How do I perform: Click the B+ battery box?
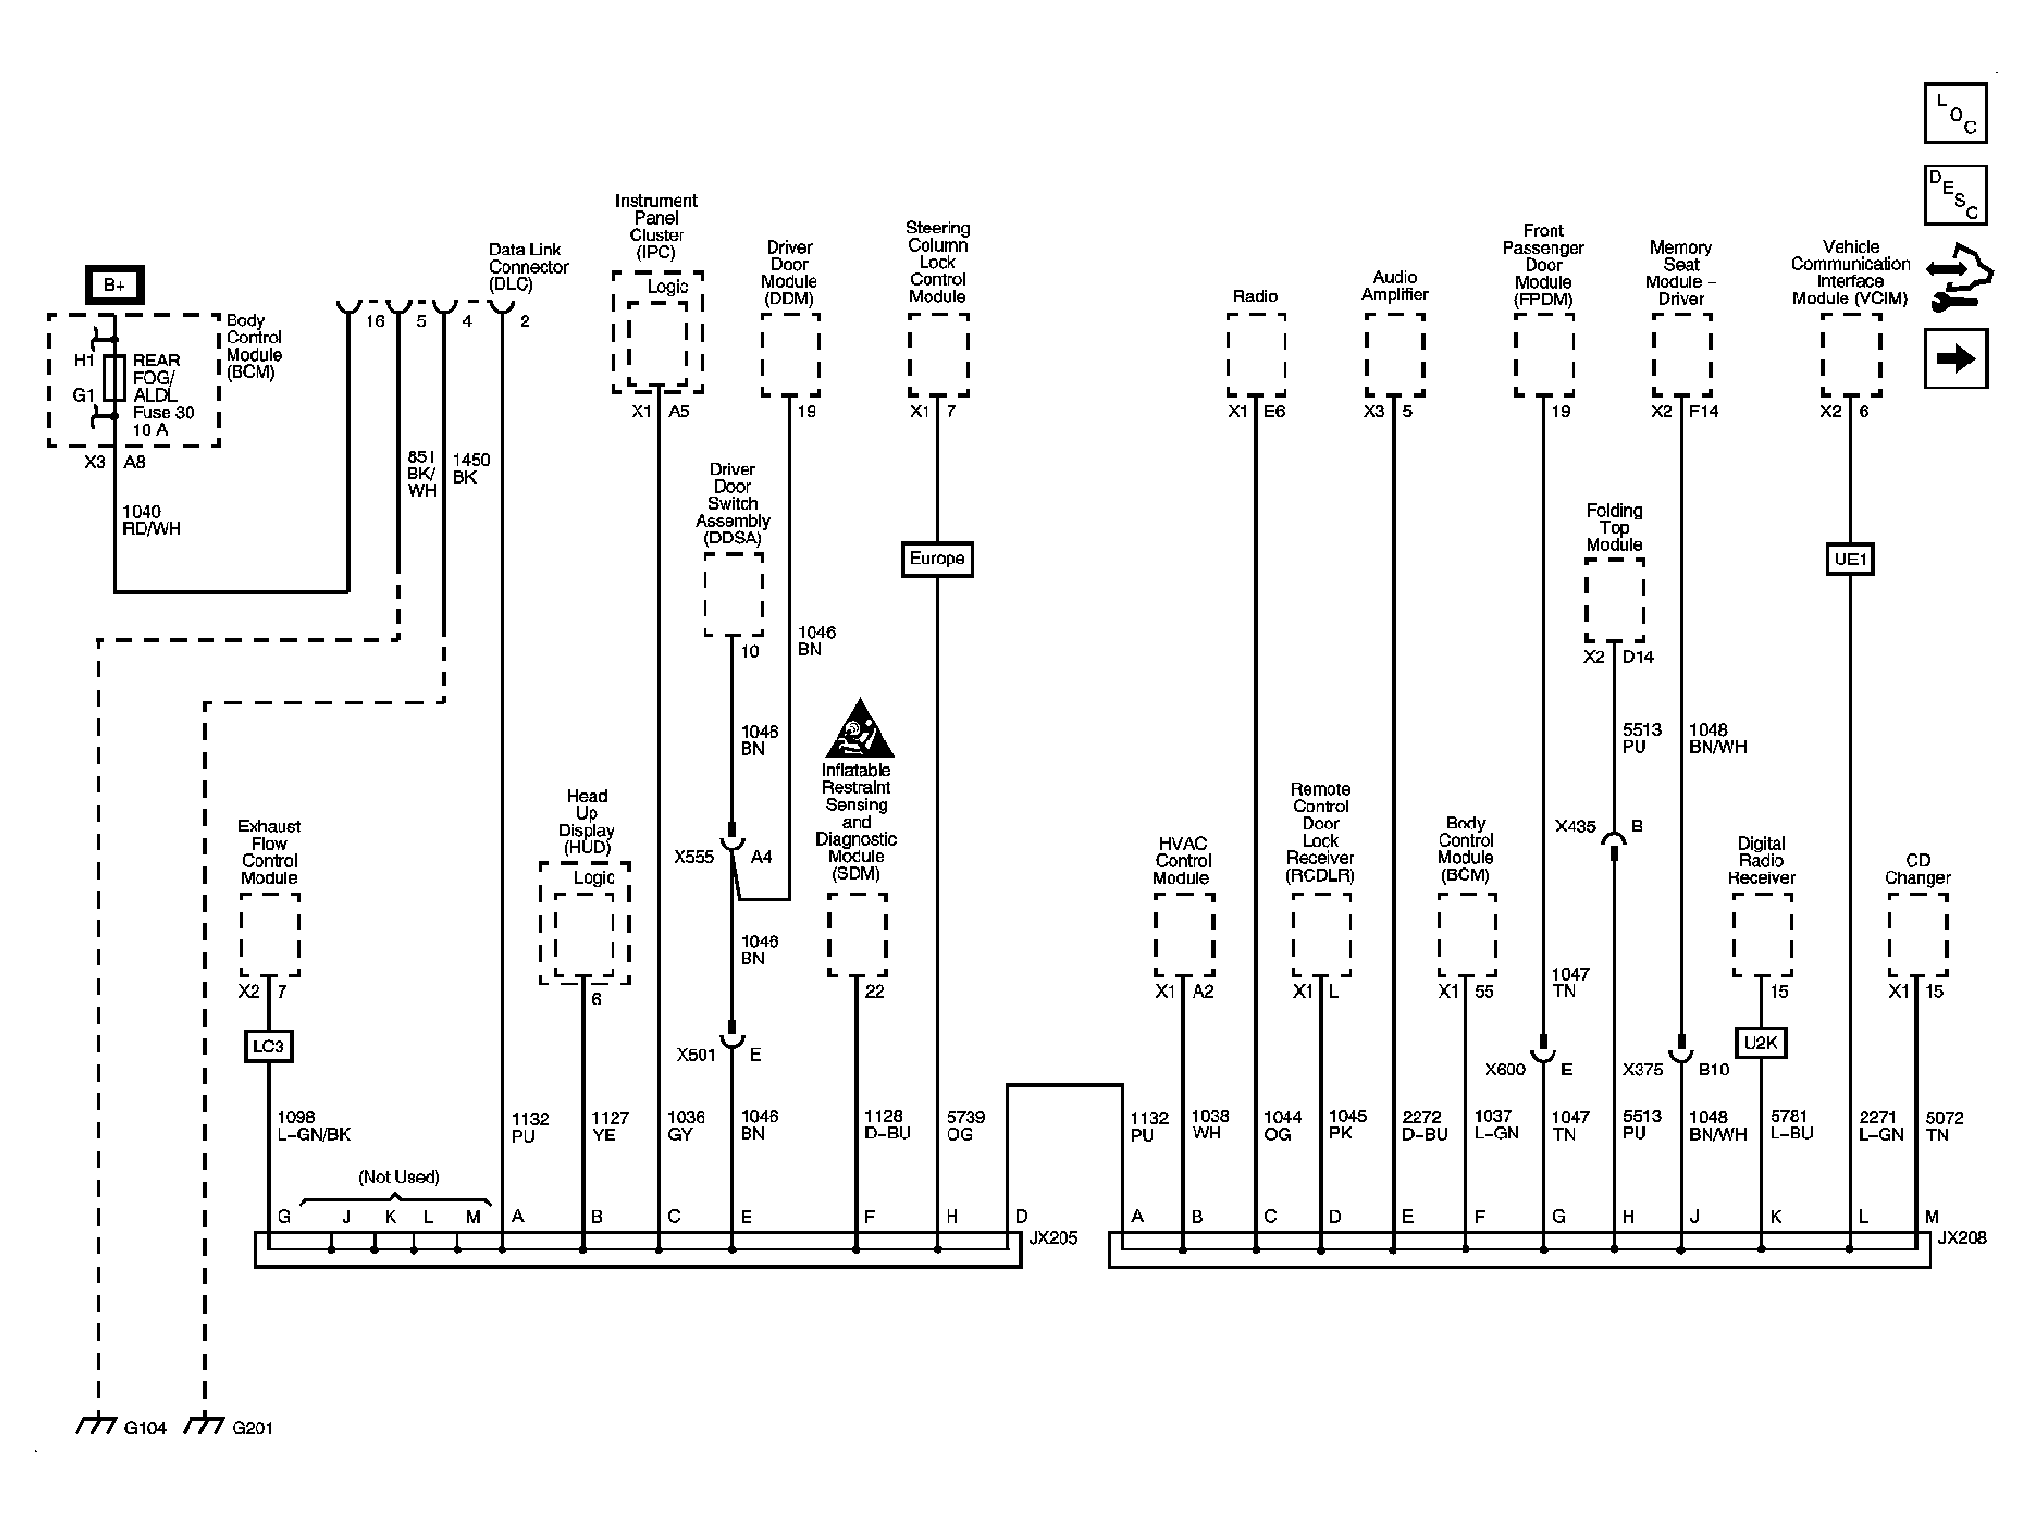(115, 285)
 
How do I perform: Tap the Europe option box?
(937, 559)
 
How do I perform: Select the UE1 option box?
(1849, 559)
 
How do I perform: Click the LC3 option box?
(268, 1046)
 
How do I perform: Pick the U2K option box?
(1760, 1042)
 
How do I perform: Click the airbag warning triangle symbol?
(860, 730)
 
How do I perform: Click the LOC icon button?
(1955, 114)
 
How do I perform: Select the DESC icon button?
(1955, 195)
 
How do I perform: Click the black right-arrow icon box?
(1955, 359)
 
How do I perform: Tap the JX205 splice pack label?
(1053, 1239)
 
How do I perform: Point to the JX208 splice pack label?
(1962, 1238)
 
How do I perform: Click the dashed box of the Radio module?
(1256, 354)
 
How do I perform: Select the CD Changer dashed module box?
(1917, 935)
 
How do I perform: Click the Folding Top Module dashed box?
(1615, 600)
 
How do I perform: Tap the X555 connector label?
(694, 857)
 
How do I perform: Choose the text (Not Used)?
(399, 1177)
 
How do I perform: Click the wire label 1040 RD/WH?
(151, 520)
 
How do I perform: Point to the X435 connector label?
(1575, 827)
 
